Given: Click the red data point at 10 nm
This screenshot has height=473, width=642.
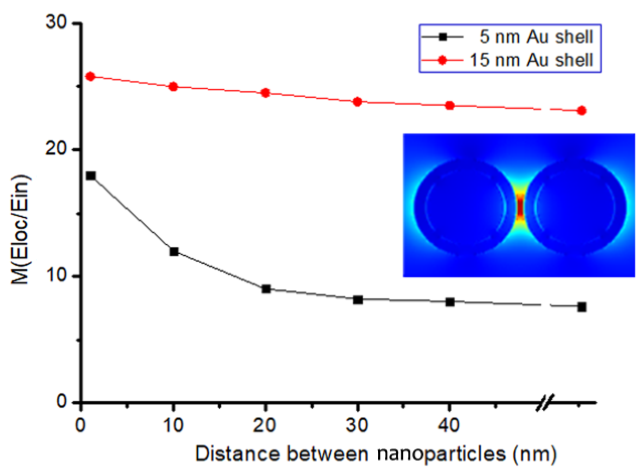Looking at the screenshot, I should [x=173, y=87].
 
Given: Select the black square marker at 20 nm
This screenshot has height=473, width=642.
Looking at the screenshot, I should [x=266, y=289].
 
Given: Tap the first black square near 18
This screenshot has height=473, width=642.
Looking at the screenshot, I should [x=91, y=176].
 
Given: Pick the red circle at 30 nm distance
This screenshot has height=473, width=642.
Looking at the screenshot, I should [x=357, y=102].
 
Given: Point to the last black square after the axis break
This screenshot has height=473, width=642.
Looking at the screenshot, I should [x=582, y=307].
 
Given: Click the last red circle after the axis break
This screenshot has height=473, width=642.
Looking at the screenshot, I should [x=582, y=111].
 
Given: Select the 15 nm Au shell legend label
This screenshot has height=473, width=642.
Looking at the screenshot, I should [x=531, y=60].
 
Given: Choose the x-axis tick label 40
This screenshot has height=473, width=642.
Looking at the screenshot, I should [x=449, y=425].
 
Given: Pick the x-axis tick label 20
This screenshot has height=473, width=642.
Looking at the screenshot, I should [x=265, y=425].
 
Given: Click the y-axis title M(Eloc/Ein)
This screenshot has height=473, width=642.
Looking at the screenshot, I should [x=20, y=230].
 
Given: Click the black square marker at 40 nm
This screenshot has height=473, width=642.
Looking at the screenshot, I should [x=450, y=302].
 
